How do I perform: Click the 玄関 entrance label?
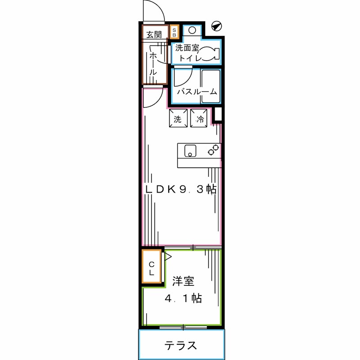point(153,34)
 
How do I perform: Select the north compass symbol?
point(216,26)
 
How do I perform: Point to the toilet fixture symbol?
point(208,53)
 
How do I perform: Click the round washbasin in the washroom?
point(192,31)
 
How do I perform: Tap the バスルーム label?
point(196,92)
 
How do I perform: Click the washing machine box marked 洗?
point(178,119)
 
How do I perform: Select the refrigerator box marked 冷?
point(199,119)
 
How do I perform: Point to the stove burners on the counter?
point(213,150)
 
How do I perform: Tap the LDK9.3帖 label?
point(180,189)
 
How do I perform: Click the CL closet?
point(152,268)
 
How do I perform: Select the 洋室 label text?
point(183,282)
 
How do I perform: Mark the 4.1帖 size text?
point(183,298)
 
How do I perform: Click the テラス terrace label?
point(180,346)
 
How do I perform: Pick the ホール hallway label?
point(153,63)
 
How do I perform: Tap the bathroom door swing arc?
point(184,76)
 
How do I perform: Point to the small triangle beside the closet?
point(168,257)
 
